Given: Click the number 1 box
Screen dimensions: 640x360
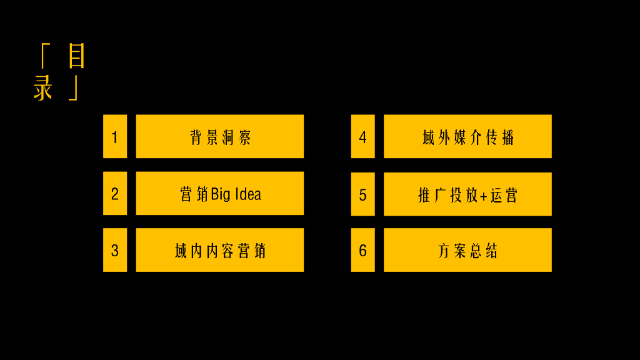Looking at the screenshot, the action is pyautogui.click(x=115, y=136).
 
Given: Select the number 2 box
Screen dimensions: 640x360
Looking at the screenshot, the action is pyautogui.click(x=115, y=193).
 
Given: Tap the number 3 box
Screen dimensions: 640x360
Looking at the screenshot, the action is pyautogui.click(x=115, y=250).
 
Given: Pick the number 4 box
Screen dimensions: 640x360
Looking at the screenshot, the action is pyautogui.click(x=362, y=136).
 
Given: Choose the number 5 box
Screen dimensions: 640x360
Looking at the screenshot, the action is pyautogui.click(x=362, y=194).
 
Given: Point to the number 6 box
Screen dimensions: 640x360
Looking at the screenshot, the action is pyautogui.click(x=362, y=250).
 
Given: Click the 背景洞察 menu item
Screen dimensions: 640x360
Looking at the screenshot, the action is pyautogui.click(x=220, y=136).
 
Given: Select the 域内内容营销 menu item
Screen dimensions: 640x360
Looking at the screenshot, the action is pyautogui.click(x=220, y=250).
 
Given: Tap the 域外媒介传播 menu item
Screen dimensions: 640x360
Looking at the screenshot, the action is pyautogui.click(x=467, y=136).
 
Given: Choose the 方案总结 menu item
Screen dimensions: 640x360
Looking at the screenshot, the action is pyautogui.click(x=467, y=250).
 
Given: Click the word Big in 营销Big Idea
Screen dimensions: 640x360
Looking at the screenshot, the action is pyautogui.click(x=221, y=194).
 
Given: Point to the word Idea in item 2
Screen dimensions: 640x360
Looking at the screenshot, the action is pyautogui.click(x=248, y=194).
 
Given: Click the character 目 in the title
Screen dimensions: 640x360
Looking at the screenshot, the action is pyautogui.click(x=76, y=56).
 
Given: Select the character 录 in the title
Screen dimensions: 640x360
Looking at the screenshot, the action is pyautogui.click(x=43, y=88).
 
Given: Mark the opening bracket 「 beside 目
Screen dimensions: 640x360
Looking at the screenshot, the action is pyautogui.click(x=44, y=56).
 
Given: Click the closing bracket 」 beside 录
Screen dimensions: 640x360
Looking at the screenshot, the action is pyautogui.click(x=74, y=88).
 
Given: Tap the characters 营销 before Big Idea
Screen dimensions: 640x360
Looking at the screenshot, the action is pyautogui.click(x=194, y=194).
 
